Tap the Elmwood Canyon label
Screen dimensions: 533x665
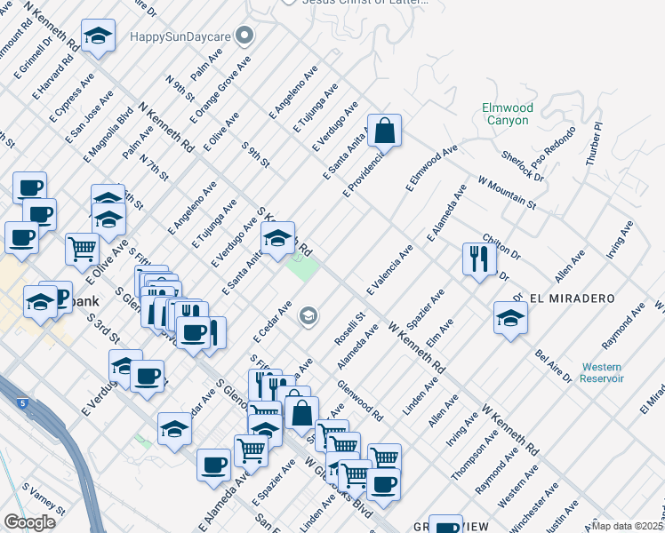tap(508, 114)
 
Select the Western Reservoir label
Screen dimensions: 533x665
tap(603, 372)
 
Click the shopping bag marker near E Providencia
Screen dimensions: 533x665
tap(384, 131)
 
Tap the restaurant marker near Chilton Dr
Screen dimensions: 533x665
tap(478, 259)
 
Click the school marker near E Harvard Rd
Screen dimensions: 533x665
tap(98, 37)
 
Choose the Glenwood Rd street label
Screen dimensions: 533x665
tap(360, 401)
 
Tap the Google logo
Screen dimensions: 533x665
tap(29, 522)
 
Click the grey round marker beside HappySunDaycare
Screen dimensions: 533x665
tap(246, 37)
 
